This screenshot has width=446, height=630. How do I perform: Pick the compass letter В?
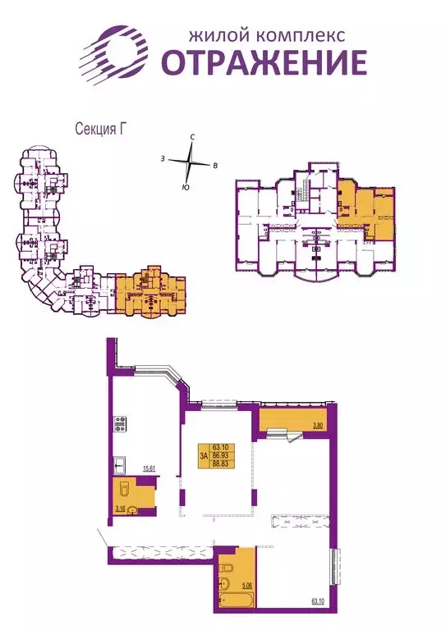215,167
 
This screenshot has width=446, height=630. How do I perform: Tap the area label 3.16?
119,509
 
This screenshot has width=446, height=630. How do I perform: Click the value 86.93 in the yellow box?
219,453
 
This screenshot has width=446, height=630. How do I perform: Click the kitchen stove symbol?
120,425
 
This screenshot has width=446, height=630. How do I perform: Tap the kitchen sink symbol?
120,464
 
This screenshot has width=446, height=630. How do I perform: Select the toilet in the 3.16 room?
124,491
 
